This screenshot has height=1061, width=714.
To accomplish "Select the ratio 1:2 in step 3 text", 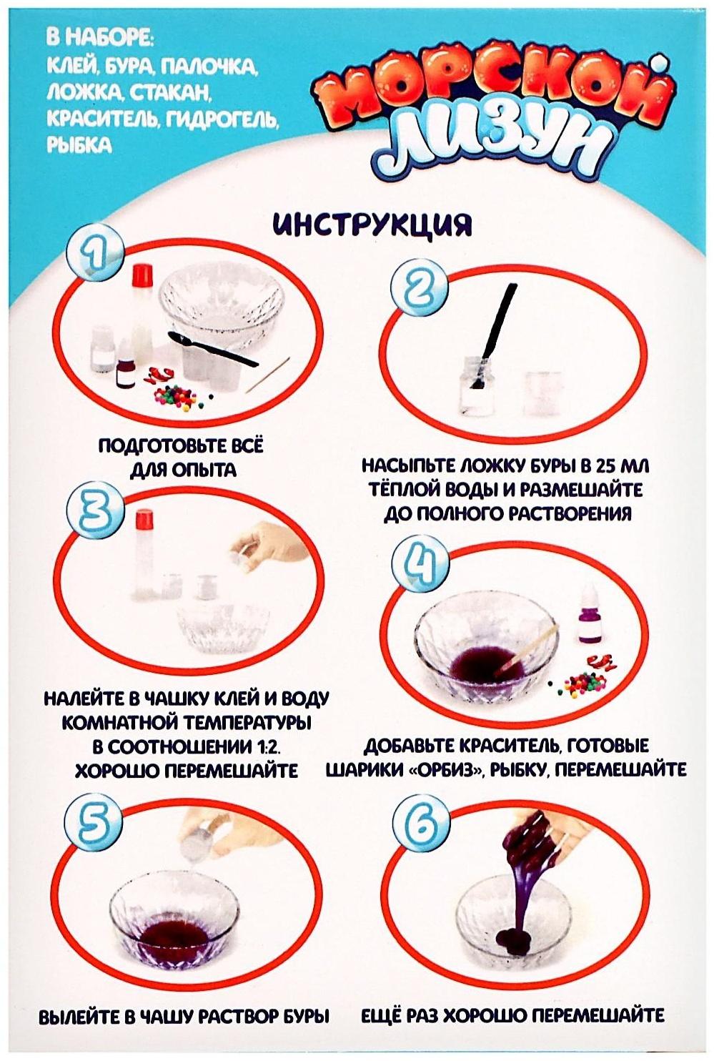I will tap(260, 746).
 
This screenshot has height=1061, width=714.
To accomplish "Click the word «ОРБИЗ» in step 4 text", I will tap(438, 770).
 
